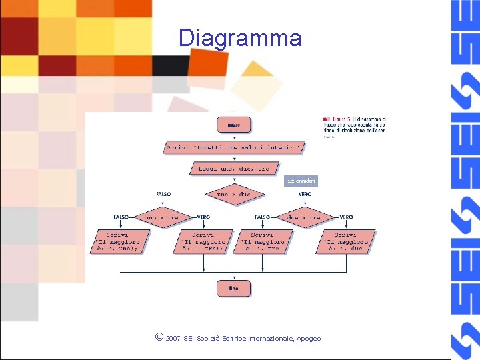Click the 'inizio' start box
[233, 124]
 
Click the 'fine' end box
[233, 288]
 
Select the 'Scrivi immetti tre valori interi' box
[234, 147]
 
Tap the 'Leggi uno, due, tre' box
[233, 169]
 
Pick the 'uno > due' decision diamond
[234, 194]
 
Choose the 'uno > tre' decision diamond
[161, 217]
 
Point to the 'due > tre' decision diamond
[303, 217]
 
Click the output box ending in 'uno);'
[117, 242]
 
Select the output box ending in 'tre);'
[203, 242]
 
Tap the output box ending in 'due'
[345, 242]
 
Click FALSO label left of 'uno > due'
[163, 194]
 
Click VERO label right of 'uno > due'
[305, 194]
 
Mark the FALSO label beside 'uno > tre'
[121, 217]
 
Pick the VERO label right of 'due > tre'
[347, 217]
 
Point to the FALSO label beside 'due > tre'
[263, 217]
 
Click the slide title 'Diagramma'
[240, 38]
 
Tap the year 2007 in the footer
[173, 339]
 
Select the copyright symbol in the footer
[157, 337]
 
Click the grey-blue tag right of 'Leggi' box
[302, 181]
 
